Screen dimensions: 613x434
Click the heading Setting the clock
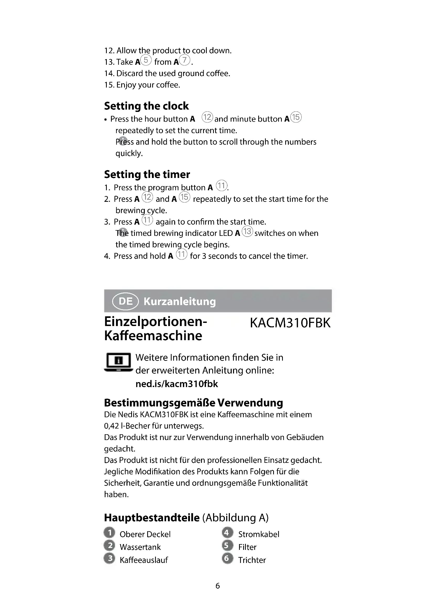pos(146,106)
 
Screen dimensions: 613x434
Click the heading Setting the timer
pos(147,174)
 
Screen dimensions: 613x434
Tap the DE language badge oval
pos(125,301)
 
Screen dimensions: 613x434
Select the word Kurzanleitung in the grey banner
pos(179,301)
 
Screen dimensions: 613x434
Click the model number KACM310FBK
pos(290,323)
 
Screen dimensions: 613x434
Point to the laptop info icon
pos(118,362)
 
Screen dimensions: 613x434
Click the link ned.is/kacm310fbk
pos(177,384)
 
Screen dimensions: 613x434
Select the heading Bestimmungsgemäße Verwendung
pos(193,403)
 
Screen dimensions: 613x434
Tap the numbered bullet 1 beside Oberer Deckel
pos(109,533)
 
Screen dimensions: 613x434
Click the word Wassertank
pos(140,547)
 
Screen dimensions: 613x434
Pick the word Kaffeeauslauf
pos(144,560)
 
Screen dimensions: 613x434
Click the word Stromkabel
pos(259,534)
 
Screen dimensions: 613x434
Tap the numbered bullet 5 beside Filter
pos(227,545)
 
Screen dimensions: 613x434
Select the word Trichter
pos(252,560)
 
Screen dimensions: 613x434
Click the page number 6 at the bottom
pos(218,586)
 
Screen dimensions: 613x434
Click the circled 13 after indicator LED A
pos(247,231)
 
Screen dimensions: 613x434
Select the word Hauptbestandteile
pos(152,518)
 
